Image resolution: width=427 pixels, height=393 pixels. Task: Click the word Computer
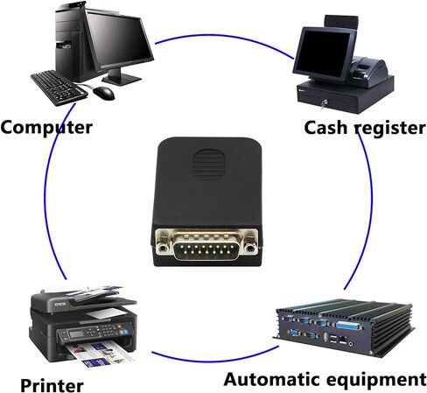coord(46,128)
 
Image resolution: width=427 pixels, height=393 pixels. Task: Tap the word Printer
coord(52,385)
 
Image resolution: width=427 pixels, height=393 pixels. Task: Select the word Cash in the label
coord(325,128)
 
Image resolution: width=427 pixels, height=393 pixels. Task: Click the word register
coord(390,129)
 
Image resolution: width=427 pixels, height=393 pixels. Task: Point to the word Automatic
coord(273,379)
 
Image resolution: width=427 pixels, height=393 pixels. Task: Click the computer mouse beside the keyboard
coord(104,93)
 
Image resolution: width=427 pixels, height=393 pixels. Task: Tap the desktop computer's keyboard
coord(59,88)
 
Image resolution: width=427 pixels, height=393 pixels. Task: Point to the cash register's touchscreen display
coord(325,53)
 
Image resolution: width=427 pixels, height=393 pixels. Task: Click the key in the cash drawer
coord(324,104)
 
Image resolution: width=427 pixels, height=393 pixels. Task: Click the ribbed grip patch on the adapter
coord(209,164)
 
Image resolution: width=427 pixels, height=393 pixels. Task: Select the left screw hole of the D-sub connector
coord(163,248)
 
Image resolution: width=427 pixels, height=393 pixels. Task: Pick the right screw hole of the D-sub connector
coord(249,248)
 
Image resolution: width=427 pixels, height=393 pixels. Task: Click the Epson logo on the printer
coord(60,305)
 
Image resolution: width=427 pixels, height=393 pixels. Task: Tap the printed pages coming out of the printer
coord(99,354)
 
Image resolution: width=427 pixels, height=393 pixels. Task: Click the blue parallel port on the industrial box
coord(349,326)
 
